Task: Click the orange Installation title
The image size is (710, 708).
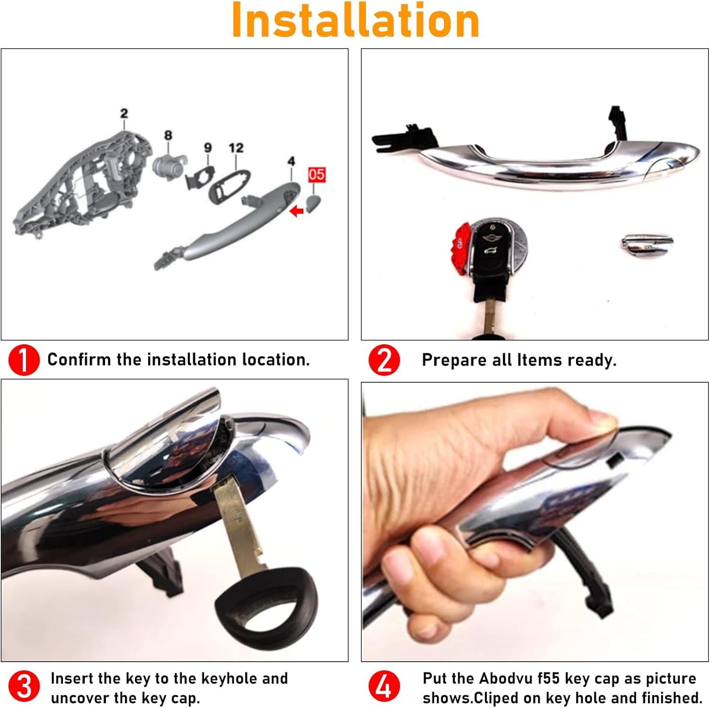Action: click(355, 21)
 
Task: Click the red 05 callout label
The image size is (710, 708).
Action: click(316, 175)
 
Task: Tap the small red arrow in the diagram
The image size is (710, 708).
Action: click(297, 211)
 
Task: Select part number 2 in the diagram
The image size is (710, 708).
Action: click(124, 114)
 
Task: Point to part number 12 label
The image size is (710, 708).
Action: click(236, 148)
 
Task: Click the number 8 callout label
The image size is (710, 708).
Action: click(168, 135)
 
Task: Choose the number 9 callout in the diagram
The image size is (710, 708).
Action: click(208, 148)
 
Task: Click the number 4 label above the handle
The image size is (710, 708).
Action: click(291, 161)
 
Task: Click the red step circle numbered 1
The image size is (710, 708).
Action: click(24, 360)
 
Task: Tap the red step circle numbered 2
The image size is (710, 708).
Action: click(384, 360)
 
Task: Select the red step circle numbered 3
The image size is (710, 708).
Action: click(24, 686)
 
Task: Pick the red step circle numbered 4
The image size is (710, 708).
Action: click(384, 686)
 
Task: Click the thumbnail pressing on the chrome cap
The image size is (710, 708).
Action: click(603, 419)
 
